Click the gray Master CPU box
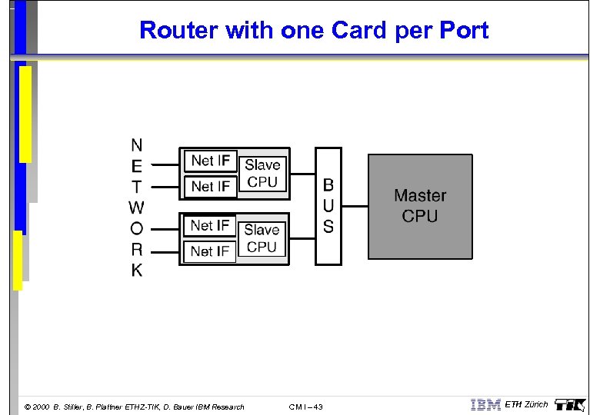point(420,206)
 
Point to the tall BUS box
point(328,206)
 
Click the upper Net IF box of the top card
point(210,161)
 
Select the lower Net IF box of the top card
point(210,186)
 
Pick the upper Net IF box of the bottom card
point(210,225)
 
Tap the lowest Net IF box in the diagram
point(210,251)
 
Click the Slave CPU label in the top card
point(262,173)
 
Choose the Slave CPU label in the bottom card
point(262,238)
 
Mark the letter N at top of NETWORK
point(136,144)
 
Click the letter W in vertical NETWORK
point(136,207)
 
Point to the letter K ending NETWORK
point(136,271)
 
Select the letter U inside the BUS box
point(328,206)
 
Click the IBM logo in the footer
point(485,404)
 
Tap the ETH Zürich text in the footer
point(527,404)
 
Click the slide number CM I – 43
point(306,407)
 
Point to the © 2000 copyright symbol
point(28,407)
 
